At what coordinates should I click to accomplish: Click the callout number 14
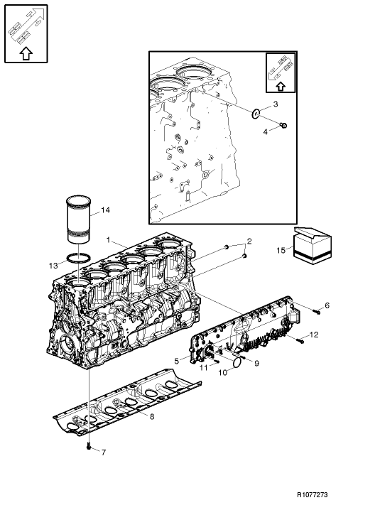pos(105,210)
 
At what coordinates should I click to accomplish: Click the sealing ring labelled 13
pos(79,259)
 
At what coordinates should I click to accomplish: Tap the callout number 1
pos(108,240)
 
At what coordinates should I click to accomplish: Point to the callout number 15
pos(281,251)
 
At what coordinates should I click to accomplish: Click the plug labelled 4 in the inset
pos(283,126)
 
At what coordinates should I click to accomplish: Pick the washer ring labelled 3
pos(255,112)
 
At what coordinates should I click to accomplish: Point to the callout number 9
pos(256,363)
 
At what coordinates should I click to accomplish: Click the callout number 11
pos(202,368)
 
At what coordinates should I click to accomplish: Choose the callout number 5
pos(176,360)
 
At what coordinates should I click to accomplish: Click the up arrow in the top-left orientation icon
pos(25,51)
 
